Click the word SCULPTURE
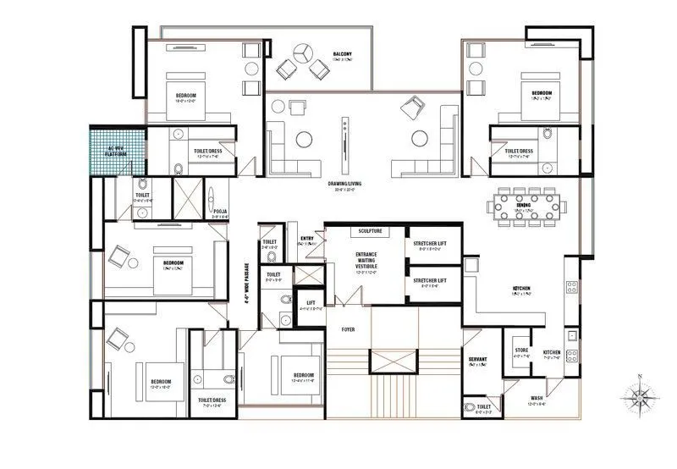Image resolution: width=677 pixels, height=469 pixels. (370, 230)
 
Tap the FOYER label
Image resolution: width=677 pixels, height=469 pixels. (348, 328)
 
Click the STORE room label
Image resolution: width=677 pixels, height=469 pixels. (521, 351)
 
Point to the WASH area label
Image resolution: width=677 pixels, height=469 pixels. (537, 398)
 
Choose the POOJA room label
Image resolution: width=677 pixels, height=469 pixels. (219, 211)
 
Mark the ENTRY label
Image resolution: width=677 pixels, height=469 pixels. (306, 239)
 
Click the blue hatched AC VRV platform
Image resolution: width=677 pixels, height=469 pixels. (116, 150)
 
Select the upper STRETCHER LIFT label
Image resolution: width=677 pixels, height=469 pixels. (429, 244)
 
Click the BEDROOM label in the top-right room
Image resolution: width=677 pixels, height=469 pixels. (542, 92)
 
